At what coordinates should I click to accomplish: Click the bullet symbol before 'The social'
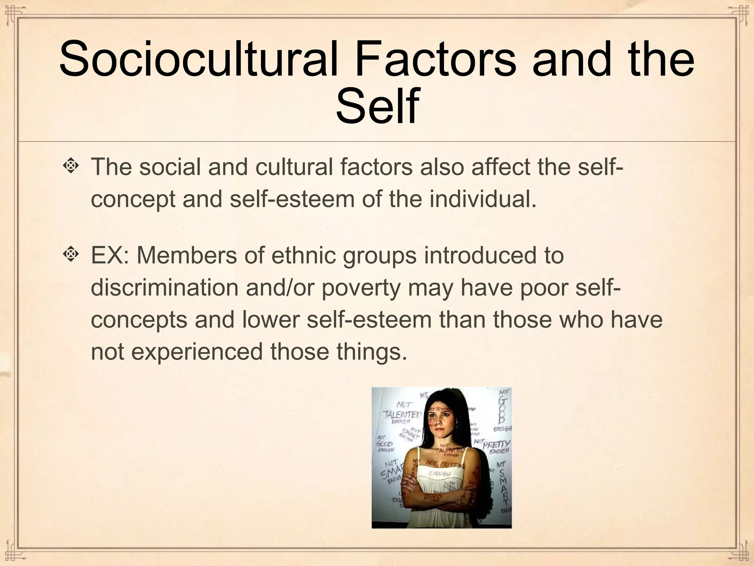tap(70, 166)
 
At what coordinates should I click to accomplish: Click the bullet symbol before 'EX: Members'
tap(70, 254)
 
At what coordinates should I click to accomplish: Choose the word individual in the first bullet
tap(482, 199)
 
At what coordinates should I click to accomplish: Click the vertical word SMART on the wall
tap(503, 486)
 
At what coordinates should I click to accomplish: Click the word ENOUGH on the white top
tap(440, 473)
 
